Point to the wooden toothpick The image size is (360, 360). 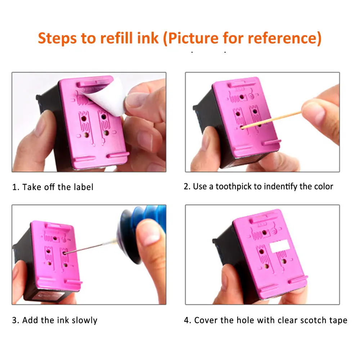click(271, 120)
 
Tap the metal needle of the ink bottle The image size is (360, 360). click(87, 248)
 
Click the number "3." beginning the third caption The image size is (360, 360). click(15, 320)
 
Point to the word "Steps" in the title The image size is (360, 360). click(57, 39)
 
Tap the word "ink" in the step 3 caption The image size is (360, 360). click(63, 320)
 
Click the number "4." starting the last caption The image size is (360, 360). click(188, 320)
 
